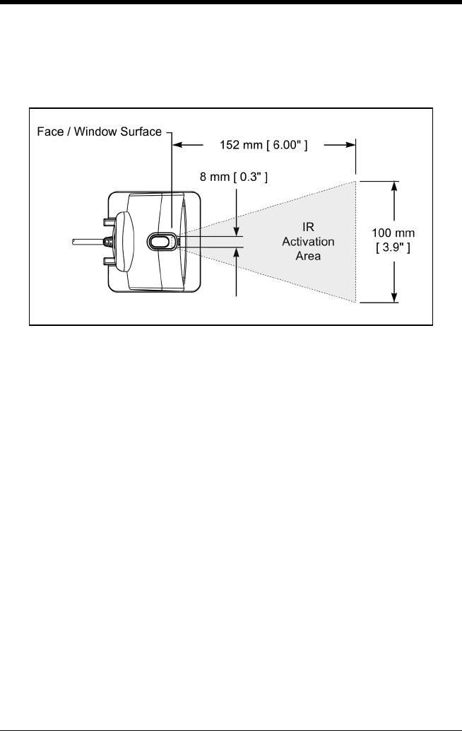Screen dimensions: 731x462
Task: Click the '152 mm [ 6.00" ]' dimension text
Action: (x=263, y=145)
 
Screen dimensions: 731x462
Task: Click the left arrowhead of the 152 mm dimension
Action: (x=177, y=145)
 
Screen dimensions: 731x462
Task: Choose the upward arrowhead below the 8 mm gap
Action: (x=236, y=251)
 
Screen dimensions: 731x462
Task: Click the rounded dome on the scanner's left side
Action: (x=124, y=241)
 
